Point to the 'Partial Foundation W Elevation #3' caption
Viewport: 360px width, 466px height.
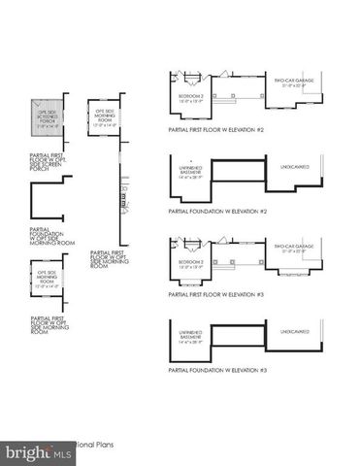217,371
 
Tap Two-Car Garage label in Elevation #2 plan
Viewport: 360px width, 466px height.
292,83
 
